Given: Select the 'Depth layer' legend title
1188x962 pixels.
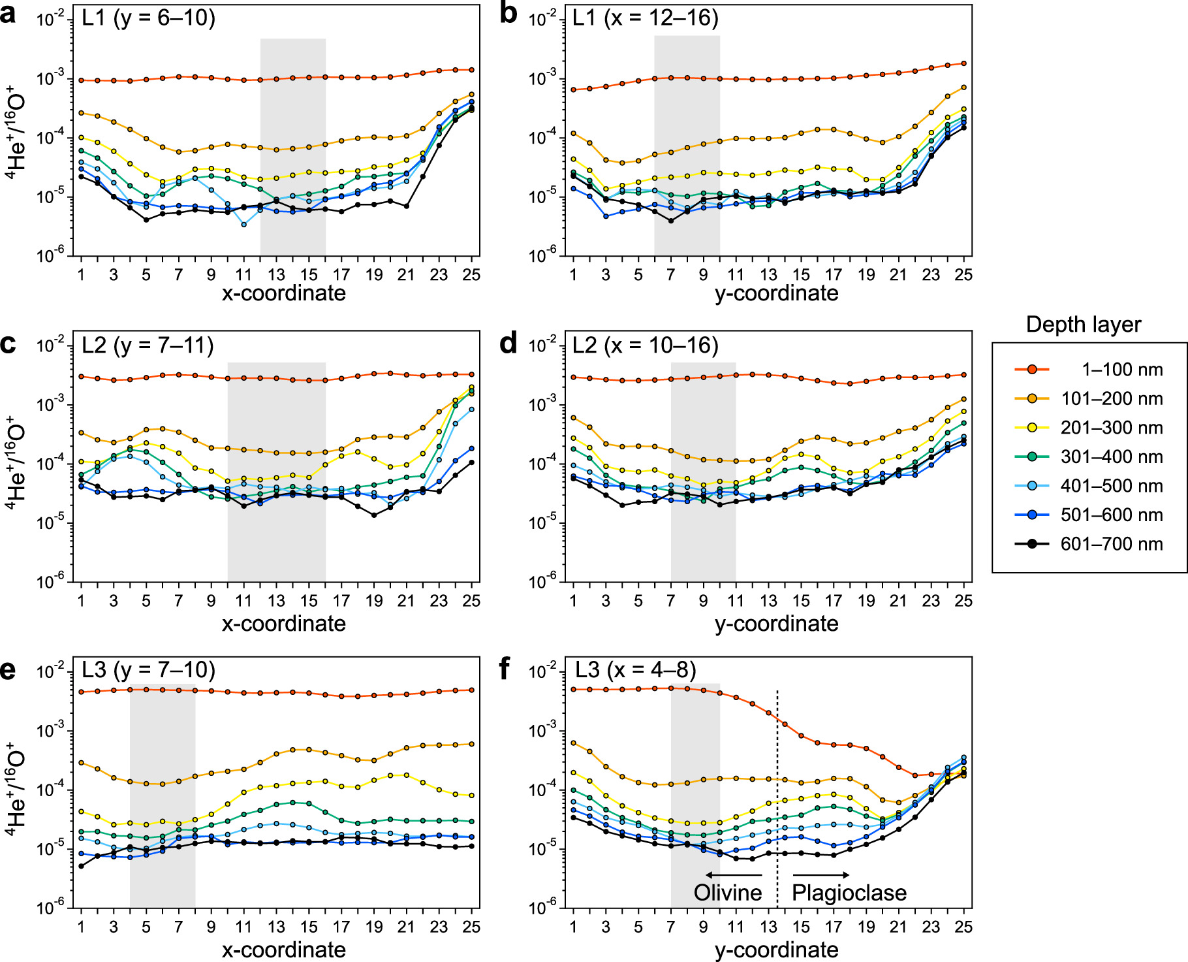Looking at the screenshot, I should [1083, 325].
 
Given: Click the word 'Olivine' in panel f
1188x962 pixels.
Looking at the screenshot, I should [727, 893].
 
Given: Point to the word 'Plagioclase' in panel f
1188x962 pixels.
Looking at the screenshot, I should [849, 893].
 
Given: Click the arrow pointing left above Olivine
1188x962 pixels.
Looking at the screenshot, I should [733, 875].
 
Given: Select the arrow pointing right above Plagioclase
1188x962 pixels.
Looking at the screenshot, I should [821, 875].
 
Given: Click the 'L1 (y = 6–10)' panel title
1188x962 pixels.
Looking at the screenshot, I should [148, 18].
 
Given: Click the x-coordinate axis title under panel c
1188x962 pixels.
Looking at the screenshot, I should [284, 624].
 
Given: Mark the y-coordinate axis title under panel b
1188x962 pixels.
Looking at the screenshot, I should [776, 293].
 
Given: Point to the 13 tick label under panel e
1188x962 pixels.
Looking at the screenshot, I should [276, 927].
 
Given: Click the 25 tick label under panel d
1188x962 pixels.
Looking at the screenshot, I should [963, 601].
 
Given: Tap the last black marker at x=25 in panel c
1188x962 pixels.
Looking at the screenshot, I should [471, 462].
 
